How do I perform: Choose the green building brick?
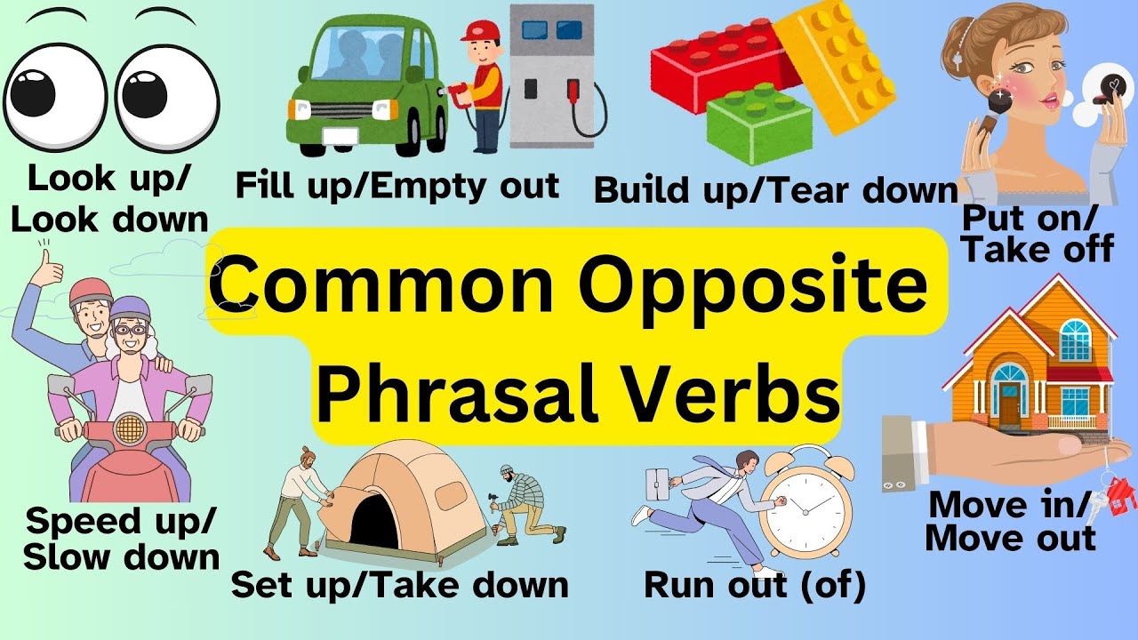click(x=760, y=125)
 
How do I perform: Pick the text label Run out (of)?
click(x=754, y=586)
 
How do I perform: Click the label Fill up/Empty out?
click(x=397, y=186)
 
